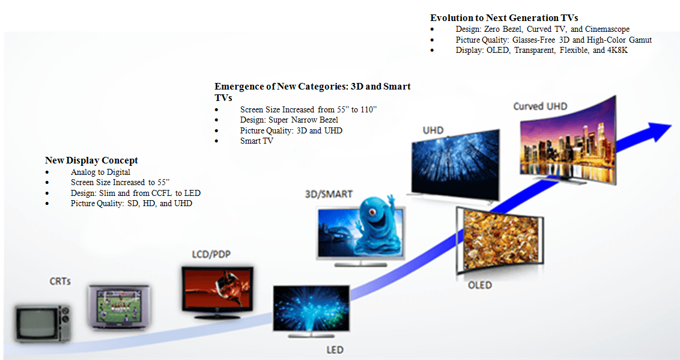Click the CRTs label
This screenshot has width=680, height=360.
click(60, 281)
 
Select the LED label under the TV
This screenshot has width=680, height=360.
click(334, 350)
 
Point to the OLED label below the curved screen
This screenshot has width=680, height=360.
click(479, 285)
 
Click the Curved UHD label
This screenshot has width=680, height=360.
click(539, 106)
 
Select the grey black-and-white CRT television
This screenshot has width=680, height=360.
click(43, 322)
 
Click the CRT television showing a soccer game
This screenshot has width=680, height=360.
click(119, 307)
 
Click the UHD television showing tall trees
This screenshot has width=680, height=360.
click(455, 163)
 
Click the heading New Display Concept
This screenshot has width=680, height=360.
click(91, 160)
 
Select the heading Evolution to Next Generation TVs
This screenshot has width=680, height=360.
click(504, 18)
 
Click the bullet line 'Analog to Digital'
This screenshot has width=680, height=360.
click(100, 172)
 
